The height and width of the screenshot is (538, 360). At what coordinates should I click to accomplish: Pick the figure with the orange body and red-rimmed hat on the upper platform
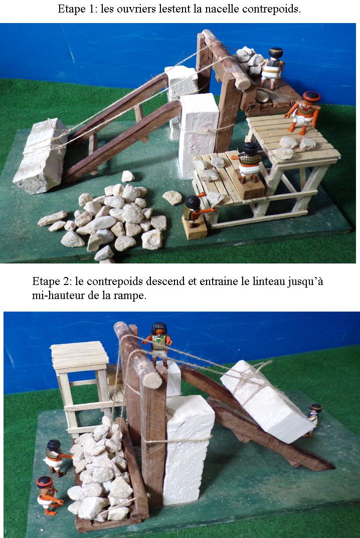pos(304,112)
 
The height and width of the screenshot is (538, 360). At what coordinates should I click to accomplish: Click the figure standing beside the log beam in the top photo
pos(272,68)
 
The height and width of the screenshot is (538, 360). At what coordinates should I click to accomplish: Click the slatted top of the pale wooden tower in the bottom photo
pos(80,354)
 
